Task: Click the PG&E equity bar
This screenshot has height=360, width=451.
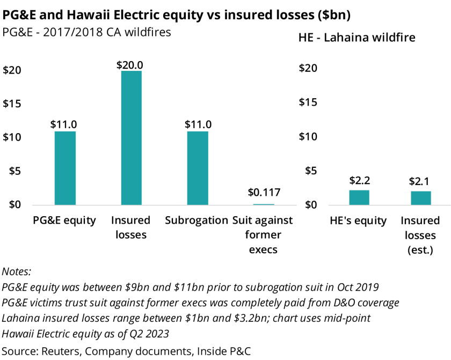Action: (65, 168)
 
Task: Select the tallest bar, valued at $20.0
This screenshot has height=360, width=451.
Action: (132, 138)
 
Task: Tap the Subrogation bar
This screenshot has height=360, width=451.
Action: (197, 168)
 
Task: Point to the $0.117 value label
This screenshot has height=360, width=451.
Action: (263, 193)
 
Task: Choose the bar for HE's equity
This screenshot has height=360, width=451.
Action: (359, 197)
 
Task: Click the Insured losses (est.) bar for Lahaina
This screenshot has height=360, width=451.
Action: (420, 198)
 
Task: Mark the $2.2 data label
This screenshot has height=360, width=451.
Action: (359, 180)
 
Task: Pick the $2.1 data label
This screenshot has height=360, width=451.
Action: (420, 181)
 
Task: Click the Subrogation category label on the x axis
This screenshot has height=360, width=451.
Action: (197, 221)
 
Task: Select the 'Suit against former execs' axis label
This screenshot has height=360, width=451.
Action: (263, 235)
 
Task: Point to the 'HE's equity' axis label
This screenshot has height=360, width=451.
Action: (359, 221)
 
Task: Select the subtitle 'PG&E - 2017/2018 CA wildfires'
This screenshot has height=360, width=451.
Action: (87, 32)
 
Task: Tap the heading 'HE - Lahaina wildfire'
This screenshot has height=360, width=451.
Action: (357, 38)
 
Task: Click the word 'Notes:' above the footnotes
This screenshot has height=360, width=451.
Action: (18, 272)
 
